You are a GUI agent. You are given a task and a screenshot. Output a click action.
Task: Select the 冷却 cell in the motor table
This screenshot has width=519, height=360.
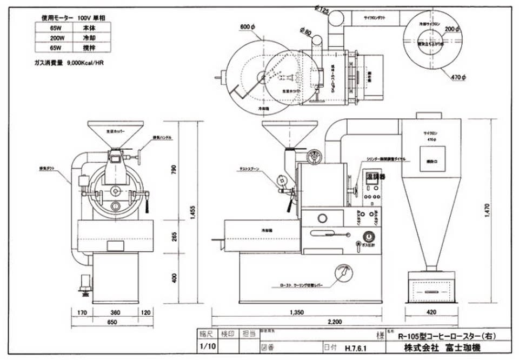[90, 37]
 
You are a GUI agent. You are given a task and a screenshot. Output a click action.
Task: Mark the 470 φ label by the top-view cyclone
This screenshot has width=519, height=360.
[458, 78]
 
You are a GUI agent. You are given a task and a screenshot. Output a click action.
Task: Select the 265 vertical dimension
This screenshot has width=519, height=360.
[174, 236]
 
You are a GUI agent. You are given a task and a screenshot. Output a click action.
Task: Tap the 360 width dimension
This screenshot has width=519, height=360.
[115, 313]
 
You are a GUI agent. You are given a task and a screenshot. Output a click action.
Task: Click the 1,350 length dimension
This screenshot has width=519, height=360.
[297, 312]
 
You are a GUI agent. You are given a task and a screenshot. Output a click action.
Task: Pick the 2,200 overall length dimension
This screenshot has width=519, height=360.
[335, 322]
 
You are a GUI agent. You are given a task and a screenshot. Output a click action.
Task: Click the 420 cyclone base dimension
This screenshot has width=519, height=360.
[431, 312]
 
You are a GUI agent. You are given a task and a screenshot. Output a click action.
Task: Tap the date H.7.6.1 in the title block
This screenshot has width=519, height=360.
[355, 348]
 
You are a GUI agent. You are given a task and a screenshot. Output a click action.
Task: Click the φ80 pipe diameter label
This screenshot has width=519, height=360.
[305, 32]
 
